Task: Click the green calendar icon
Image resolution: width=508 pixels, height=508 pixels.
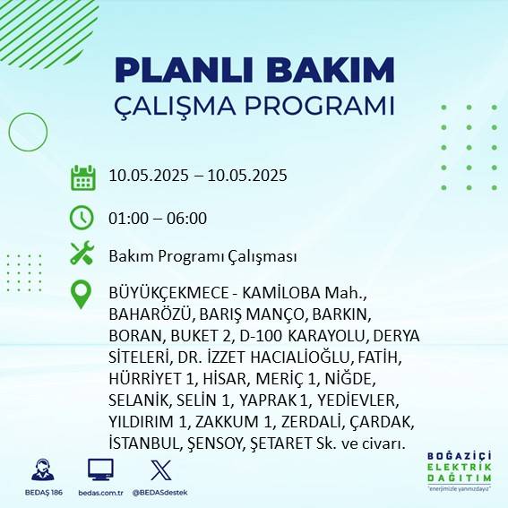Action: (x=82, y=177)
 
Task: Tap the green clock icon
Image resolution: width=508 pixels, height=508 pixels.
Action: (x=82, y=217)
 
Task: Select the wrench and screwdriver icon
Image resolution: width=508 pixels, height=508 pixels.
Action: (x=82, y=254)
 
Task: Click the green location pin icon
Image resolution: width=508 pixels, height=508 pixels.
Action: (x=82, y=295)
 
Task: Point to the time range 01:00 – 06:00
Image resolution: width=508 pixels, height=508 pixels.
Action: (x=158, y=218)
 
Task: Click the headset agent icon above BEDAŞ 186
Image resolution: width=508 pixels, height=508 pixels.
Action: (x=40, y=470)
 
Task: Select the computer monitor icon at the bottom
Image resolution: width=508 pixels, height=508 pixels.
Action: (x=99, y=470)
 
